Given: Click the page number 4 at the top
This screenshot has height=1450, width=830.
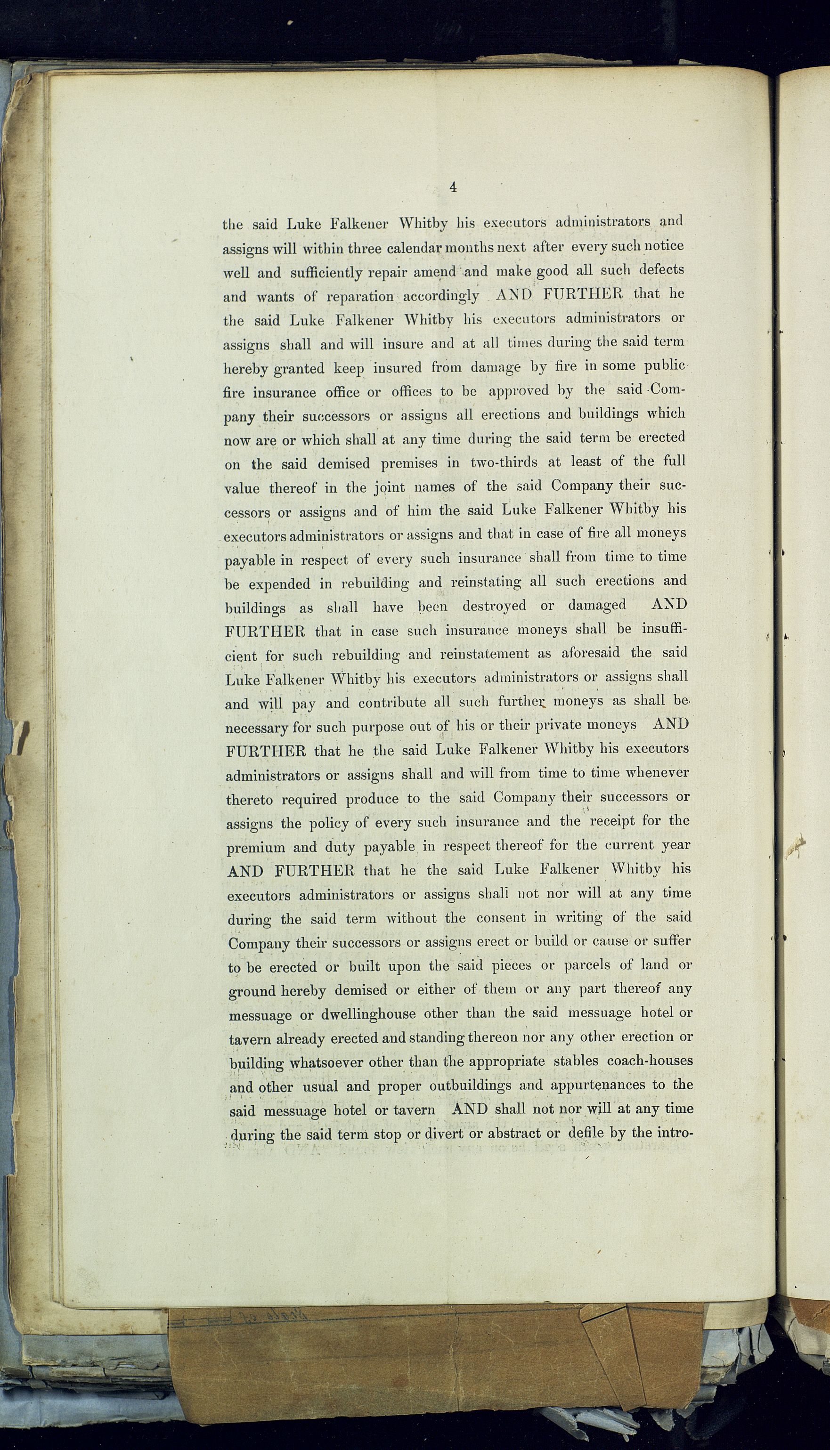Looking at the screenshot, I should pos(453,187).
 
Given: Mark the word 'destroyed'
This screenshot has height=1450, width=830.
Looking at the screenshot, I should pos(494,605).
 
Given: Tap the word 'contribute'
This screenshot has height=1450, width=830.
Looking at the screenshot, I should pos(392,703).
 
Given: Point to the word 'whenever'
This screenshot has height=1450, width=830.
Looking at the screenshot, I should pos(657,773).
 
